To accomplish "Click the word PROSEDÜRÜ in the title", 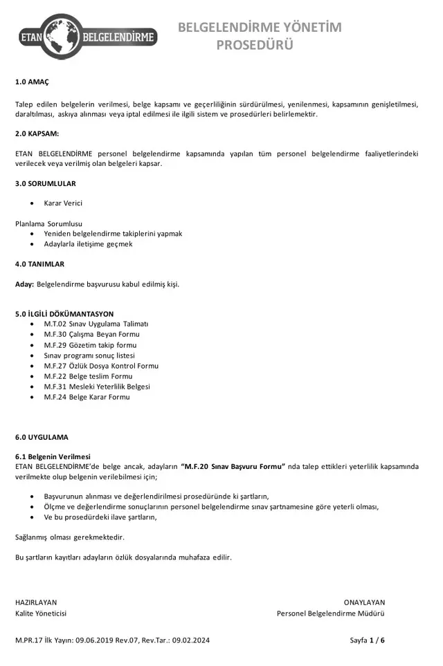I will click(255, 46).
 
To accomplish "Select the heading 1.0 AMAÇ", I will click(32, 82).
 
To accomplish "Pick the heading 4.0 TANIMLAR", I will click(40, 263).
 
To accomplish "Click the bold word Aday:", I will click(24, 284).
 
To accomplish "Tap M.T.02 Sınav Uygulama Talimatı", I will click(96, 324).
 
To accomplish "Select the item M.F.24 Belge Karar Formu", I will click(87, 397).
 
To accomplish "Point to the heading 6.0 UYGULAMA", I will click(42, 437).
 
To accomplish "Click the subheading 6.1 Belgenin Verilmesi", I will click(53, 456).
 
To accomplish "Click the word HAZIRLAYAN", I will click(36, 602).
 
